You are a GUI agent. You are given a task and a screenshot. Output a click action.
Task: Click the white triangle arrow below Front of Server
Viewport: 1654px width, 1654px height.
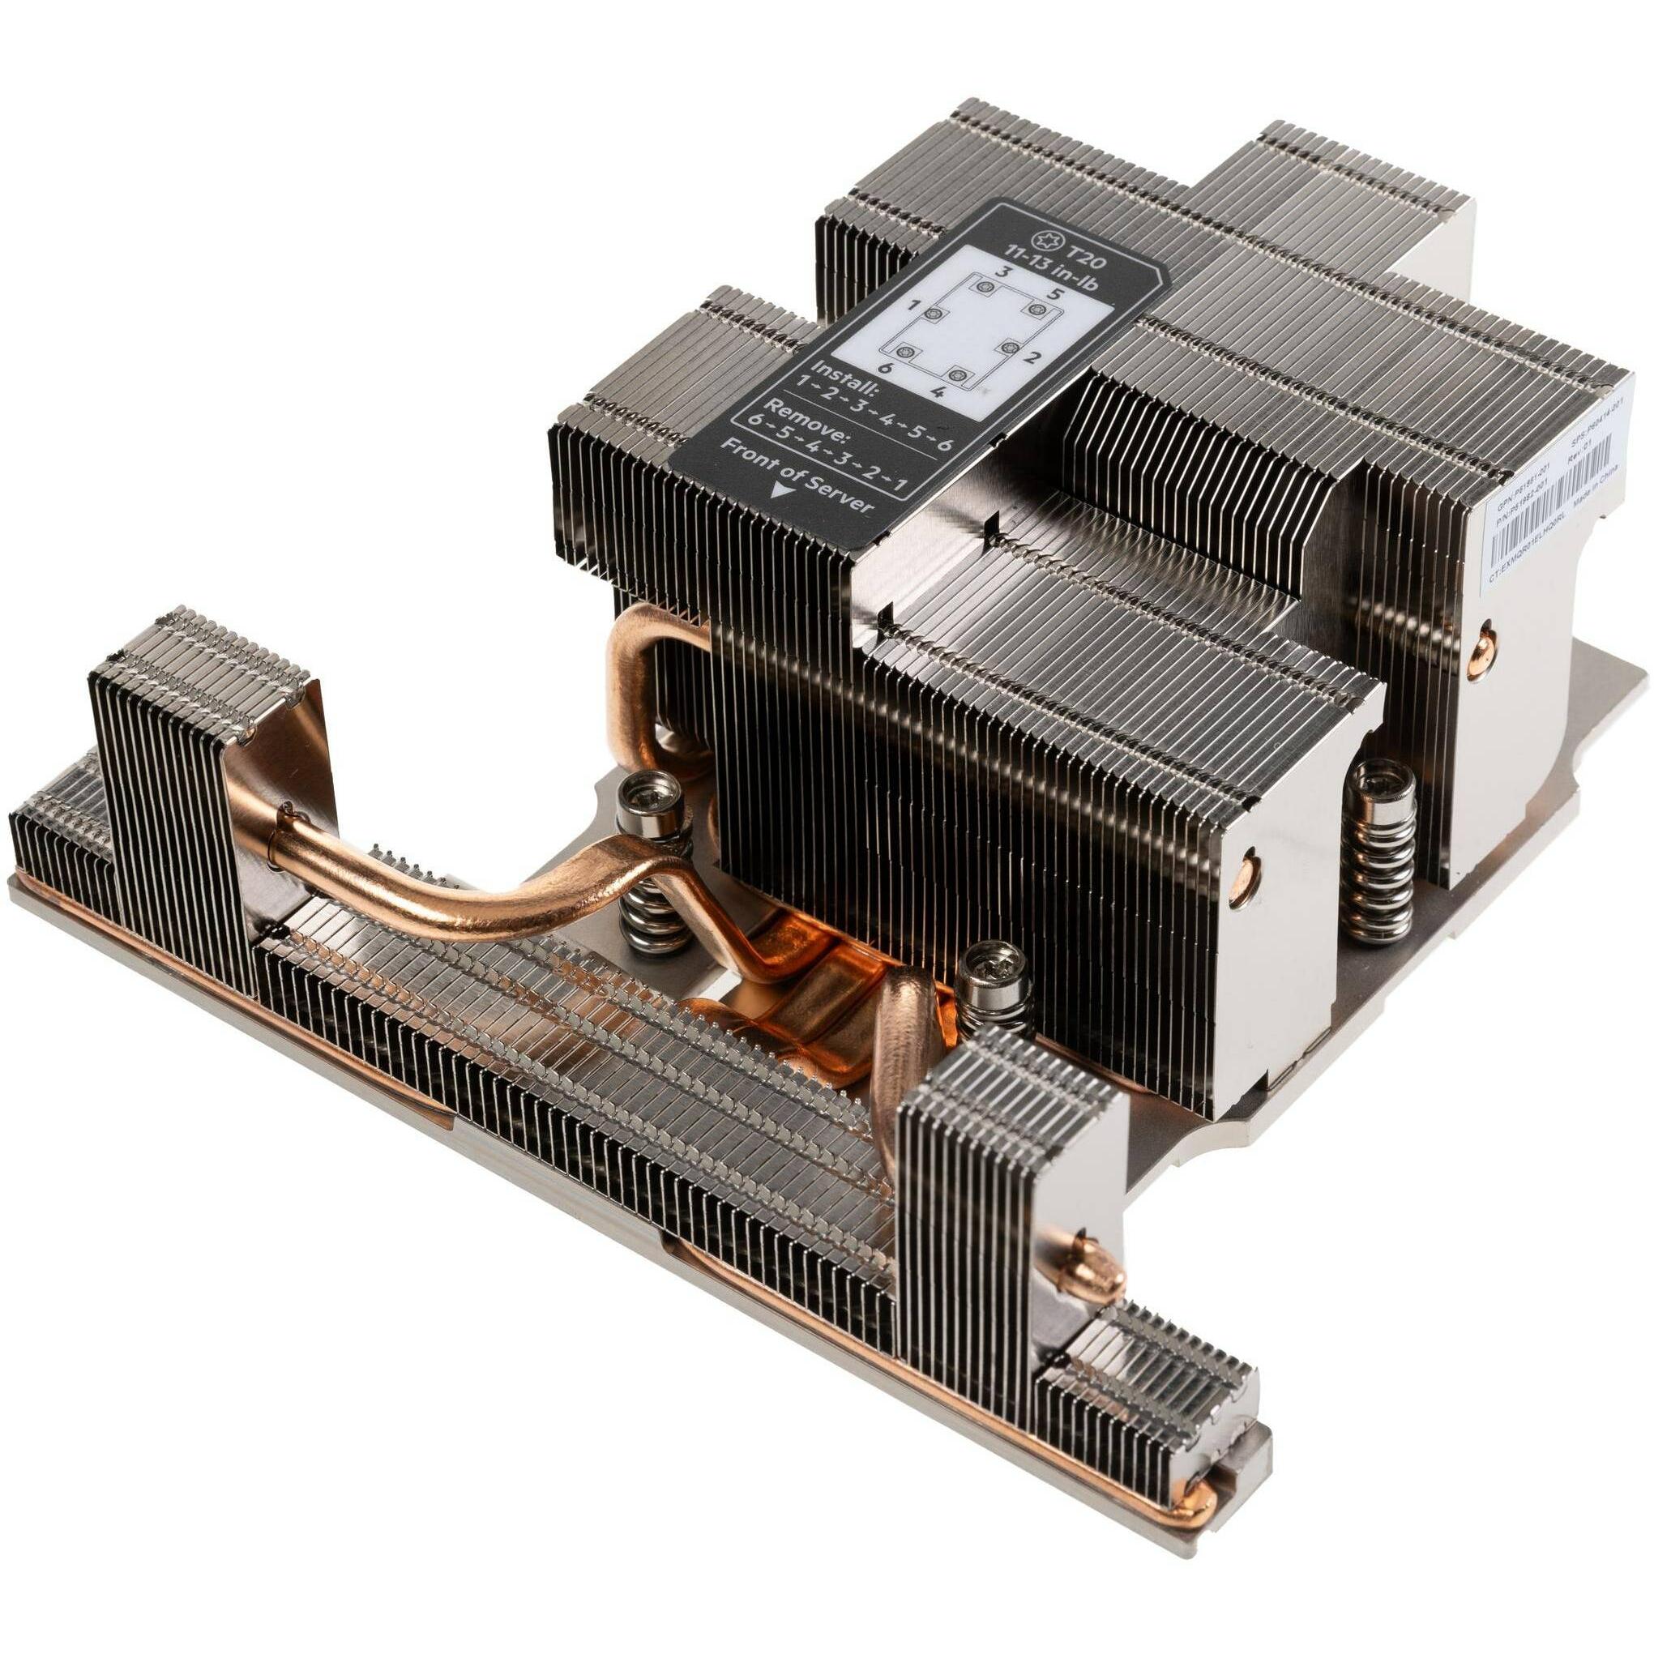(x=778, y=490)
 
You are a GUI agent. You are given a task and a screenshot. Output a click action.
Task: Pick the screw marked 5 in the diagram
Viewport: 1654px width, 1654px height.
(x=1038, y=308)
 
